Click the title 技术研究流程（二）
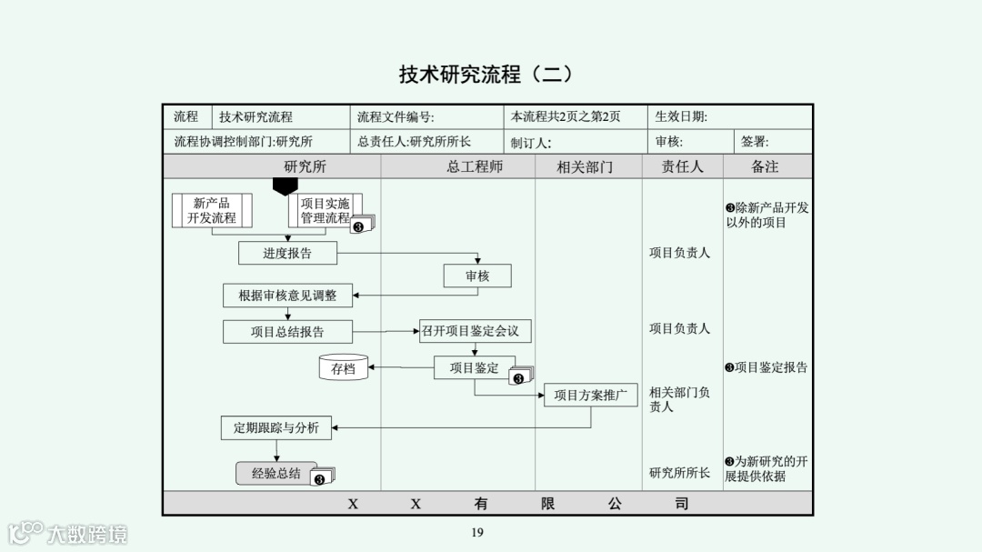486,74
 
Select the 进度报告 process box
287,253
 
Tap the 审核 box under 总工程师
477,276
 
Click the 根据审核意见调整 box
287,296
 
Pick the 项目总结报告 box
287,332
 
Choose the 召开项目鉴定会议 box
476,331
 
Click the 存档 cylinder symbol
343,368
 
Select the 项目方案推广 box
590,395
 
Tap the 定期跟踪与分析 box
276,427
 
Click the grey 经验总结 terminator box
276,473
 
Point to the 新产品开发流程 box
212,211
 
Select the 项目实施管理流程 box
325,211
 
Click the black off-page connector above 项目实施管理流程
286,186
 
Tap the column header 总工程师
475,166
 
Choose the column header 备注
765,166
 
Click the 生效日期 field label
681,116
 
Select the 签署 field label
755,142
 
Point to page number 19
477,532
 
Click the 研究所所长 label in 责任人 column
680,473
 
